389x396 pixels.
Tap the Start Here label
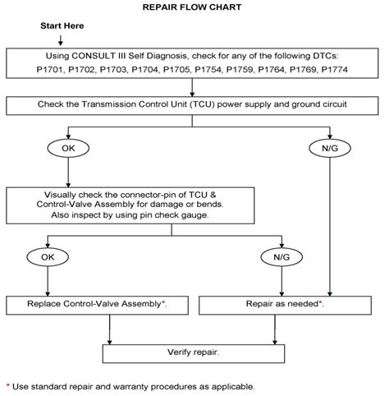[x=63, y=26]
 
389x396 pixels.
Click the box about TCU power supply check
[x=195, y=105]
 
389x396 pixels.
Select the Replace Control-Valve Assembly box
[x=98, y=304]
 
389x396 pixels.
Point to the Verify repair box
[x=194, y=352]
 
